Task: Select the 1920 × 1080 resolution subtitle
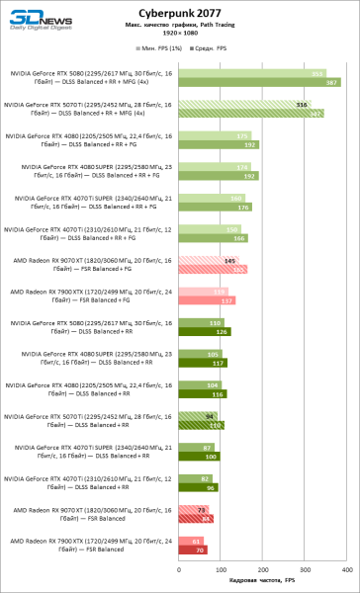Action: pyautogui.click(x=226, y=33)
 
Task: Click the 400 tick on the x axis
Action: pyautogui.click(x=343, y=570)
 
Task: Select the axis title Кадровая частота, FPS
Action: pyautogui.click(x=261, y=582)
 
